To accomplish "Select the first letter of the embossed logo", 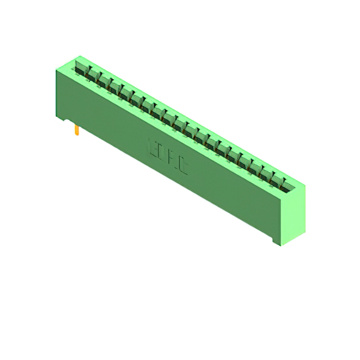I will tap(150, 146).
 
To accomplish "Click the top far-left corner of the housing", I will tap(80, 56).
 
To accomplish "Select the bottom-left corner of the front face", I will tap(57, 116).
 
